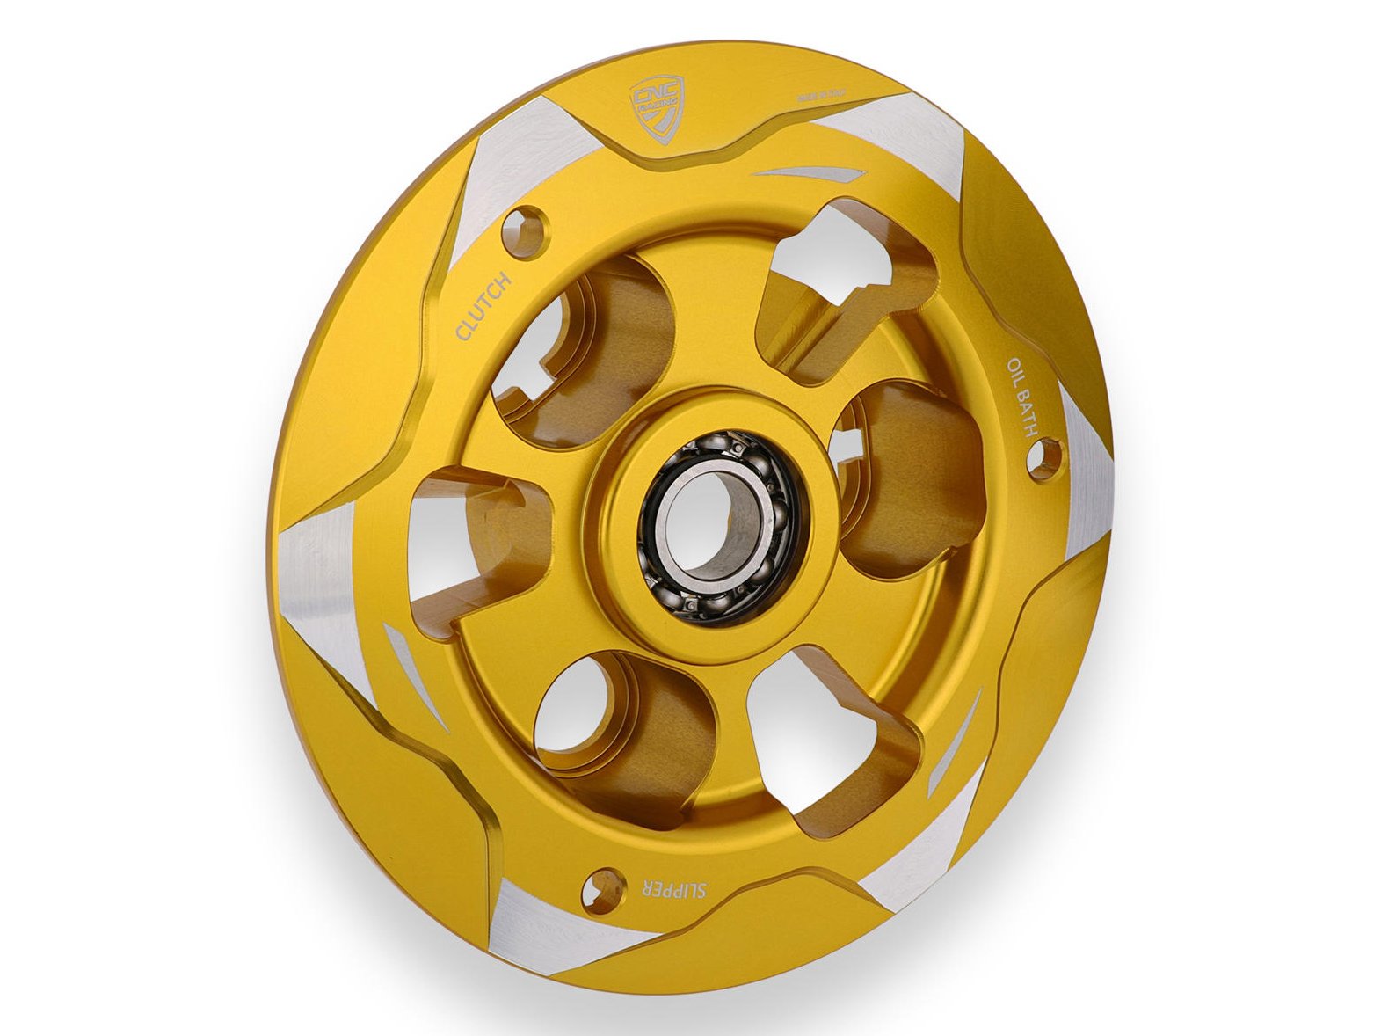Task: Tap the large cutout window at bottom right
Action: [835, 748]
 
